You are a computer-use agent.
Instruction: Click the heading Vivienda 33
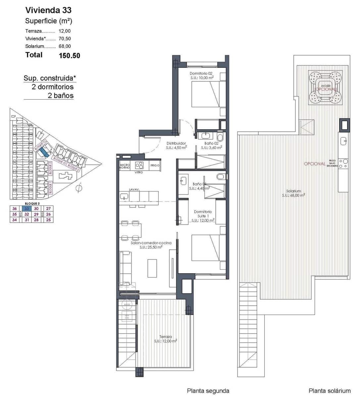click(48, 10)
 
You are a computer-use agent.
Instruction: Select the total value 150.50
click(69, 56)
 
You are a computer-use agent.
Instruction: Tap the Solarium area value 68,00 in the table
click(65, 46)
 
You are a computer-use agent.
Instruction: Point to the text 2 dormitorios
click(52, 87)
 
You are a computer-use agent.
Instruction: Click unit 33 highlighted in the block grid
click(27, 208)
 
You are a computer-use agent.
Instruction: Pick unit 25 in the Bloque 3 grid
click(49, 220)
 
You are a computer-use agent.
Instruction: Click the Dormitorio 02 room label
click(201, 73)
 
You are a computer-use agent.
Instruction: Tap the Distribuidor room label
click(176, 143)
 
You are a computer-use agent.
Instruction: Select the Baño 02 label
click(211, 143)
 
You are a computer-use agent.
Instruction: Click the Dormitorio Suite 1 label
click(203, 214)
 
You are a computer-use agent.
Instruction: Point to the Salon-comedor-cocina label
click(151, 243)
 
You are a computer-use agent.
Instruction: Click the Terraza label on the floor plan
click(165, 337)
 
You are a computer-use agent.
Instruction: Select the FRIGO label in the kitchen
click(155, 165)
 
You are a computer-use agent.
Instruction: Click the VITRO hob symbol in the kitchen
click(139, 165)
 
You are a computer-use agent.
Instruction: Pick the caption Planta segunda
click(208, 391)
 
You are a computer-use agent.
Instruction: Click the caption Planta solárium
click(329, 391)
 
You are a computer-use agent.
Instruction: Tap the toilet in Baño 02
click(220, 136)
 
